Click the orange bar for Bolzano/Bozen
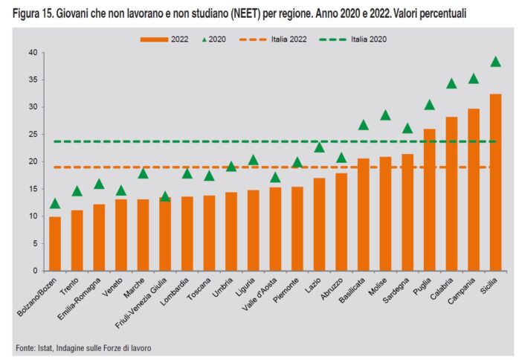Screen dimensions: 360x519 [55, 243]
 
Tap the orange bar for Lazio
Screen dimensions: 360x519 [320, 224]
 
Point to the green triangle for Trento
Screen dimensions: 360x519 [77, 191]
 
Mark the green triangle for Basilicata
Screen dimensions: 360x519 [364, 125]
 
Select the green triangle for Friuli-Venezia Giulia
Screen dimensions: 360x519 [165, 197]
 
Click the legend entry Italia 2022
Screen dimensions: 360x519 [283, 39]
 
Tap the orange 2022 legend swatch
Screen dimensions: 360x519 [155, 39]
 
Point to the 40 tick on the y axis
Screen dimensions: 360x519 [33, 53]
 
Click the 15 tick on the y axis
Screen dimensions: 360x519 [33, 189]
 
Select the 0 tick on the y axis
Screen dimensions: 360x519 [36, 271]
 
